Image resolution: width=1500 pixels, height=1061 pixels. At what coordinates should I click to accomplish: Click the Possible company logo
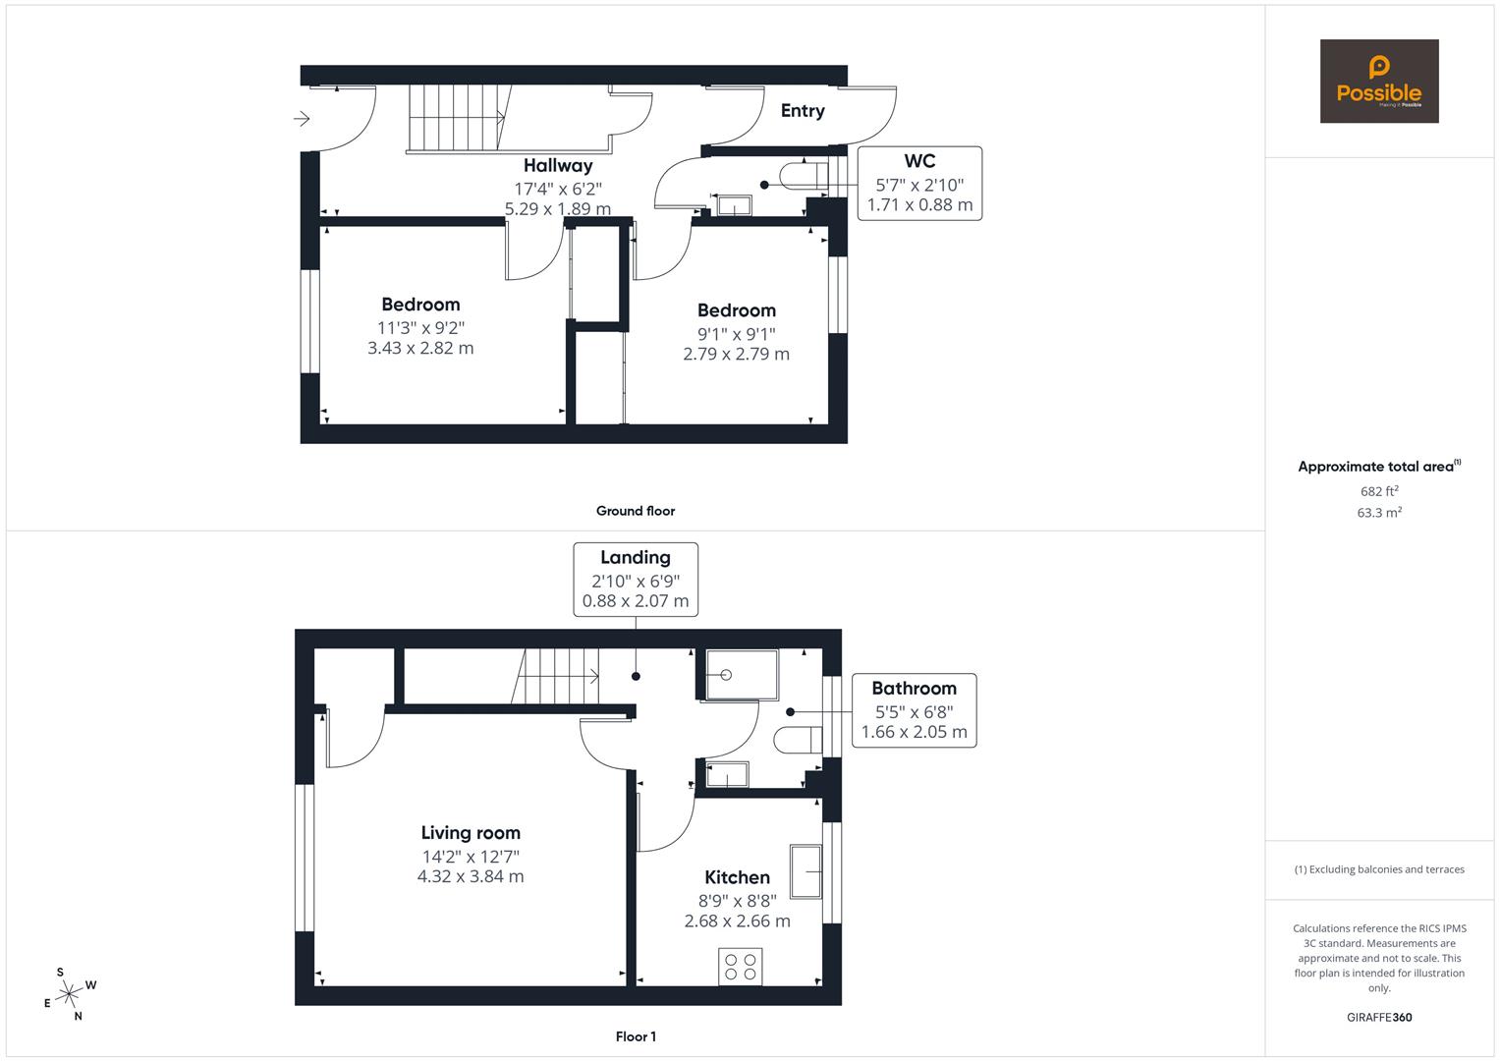[x=1379, y=81]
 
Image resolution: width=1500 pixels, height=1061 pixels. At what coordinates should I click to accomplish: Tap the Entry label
[x=803, y=110]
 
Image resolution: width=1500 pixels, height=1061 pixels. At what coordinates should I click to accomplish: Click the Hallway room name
[x=558, y=165]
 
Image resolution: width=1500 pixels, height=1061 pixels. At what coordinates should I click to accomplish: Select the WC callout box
[x=919, y=183]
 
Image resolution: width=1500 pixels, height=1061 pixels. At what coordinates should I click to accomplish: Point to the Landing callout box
[x=636, y=580]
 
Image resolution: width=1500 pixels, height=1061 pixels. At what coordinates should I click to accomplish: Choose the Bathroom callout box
[x=915, y=710]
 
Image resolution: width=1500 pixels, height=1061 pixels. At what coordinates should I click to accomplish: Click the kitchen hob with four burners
[x=740, y=967]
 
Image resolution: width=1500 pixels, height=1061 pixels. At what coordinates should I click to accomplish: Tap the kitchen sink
[x=806, y=870]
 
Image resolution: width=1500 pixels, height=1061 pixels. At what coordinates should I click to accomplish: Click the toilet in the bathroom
[x=798, y=740]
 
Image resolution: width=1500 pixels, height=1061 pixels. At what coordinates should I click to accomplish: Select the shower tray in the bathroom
[x=742, y=675]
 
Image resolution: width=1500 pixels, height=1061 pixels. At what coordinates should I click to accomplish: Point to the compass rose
[x=70, y=994]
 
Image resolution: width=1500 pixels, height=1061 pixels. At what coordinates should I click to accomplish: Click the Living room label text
[x=471, y=833]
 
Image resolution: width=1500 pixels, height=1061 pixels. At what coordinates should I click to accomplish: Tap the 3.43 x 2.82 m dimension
[x=420, y=348]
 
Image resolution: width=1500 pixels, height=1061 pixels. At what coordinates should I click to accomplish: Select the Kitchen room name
[x=738, y=876]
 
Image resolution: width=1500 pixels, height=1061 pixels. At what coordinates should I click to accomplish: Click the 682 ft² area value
[x=1379, y=491]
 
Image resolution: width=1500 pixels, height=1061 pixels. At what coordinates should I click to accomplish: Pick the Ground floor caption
[x=636, y=511]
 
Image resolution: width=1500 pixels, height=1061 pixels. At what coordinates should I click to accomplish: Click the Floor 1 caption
[x=636, y=1036]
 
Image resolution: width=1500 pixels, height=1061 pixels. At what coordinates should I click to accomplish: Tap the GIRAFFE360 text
[x=1379, y=1017]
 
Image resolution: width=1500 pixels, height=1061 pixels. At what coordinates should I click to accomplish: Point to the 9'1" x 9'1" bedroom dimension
[x=737, y=334]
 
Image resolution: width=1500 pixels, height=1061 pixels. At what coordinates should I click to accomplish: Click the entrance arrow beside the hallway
[x=302, y=119]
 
